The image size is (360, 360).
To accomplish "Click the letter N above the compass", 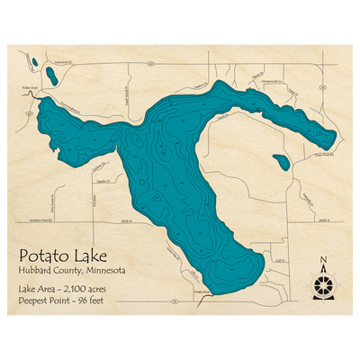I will (x=323, y=262).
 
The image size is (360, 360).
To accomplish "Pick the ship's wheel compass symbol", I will (x=323, y=287).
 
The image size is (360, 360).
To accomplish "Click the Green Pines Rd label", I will (x=310, y=152).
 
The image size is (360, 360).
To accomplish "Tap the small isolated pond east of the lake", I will (x=282, y=163).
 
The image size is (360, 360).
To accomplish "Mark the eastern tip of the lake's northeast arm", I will (x=337, y=138).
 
